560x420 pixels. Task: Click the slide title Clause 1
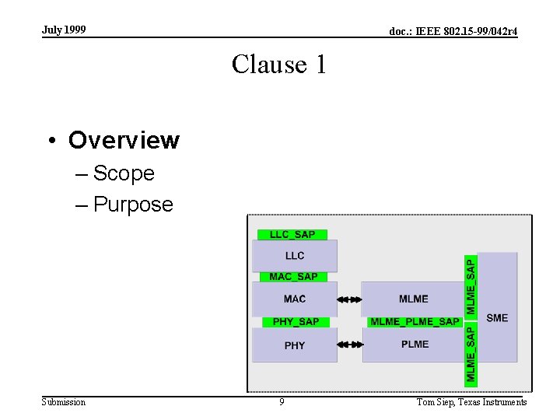click(279, 64)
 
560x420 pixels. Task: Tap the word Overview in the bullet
click(124, 140)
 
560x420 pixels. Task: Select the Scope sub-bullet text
click(124, 173)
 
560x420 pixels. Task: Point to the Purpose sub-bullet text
click(133, 204)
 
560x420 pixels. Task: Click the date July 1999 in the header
click(64, 30)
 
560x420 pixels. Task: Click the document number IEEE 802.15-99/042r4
click(453, 31)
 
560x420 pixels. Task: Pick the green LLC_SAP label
click(292, 234)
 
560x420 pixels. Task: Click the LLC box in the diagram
click(295, 255)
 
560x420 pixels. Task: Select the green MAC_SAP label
click(293, 276)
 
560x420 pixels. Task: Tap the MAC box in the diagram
click(295, 299)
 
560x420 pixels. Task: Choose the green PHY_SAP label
click(296, 321)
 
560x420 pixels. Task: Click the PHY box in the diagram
click(295, 345)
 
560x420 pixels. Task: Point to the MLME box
click(413, 299)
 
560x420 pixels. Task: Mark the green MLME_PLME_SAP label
click(415, 321)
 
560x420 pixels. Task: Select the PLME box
click(415, 345)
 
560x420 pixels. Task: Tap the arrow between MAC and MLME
click(350, 299)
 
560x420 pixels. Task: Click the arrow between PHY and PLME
click(350, 345)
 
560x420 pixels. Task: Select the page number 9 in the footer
click(282, 402)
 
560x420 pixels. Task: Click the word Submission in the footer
click(64, 402)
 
